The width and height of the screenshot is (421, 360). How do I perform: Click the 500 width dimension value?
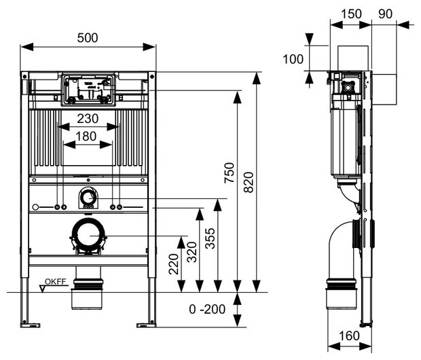coord(88,38)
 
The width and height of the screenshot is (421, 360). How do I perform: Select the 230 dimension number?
coord(88,118)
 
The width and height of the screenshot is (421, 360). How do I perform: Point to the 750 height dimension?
coord(229,175)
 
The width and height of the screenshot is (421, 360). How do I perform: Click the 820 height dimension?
coord(248,179)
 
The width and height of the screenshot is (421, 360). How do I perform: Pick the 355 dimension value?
coord(210,238)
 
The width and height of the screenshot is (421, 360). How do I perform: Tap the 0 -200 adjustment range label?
coord(206,309)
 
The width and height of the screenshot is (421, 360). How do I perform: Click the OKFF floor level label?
coord(56,281)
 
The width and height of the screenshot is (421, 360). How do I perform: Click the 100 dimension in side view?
coord(293,58)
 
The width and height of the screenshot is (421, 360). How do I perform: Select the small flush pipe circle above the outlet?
coord(88,198)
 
